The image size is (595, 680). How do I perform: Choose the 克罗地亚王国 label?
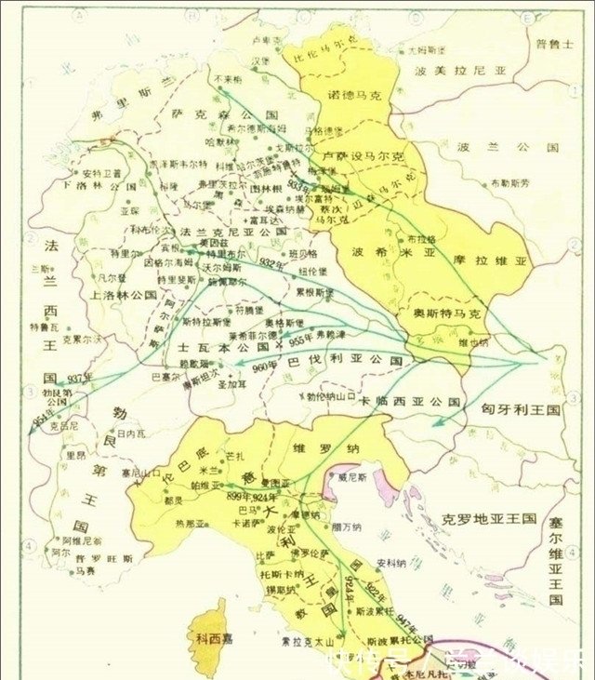pos(490,517)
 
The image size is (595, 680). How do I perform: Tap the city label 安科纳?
pos(391,563)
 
